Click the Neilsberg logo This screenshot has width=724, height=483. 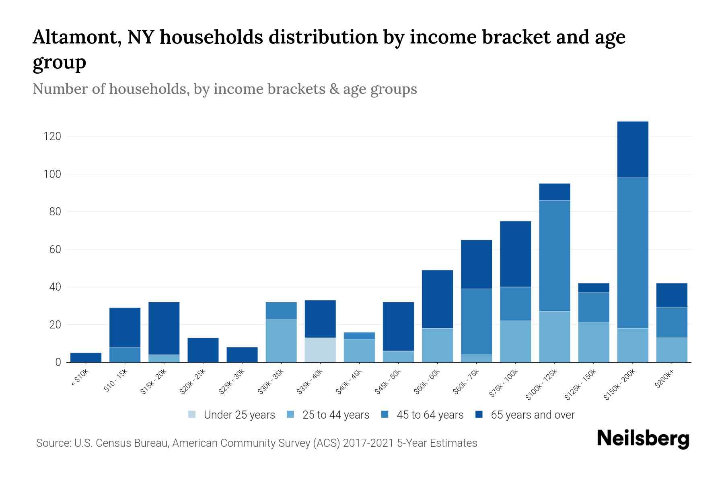click(643, 439)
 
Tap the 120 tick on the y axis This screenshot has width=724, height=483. click(52, 136)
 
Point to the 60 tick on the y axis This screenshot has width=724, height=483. click(55, 250)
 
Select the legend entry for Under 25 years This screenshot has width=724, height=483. click(239, 415)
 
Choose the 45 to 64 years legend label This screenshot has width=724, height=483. click(430, 415)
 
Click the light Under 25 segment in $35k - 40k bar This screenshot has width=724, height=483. click(320, 350)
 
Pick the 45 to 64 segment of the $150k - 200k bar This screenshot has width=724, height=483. click(633, 253)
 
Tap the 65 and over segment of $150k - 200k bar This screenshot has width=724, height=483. click(633, 149)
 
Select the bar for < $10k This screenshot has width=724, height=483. click(86, 357)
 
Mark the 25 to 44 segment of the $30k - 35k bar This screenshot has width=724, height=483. click(281, 341)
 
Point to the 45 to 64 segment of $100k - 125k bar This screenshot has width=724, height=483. click(554, 256)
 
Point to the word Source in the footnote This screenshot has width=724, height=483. click(53, 443)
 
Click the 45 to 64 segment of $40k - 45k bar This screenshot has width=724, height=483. click(359, 336)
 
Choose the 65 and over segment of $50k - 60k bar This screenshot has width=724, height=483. click(437, 299)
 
